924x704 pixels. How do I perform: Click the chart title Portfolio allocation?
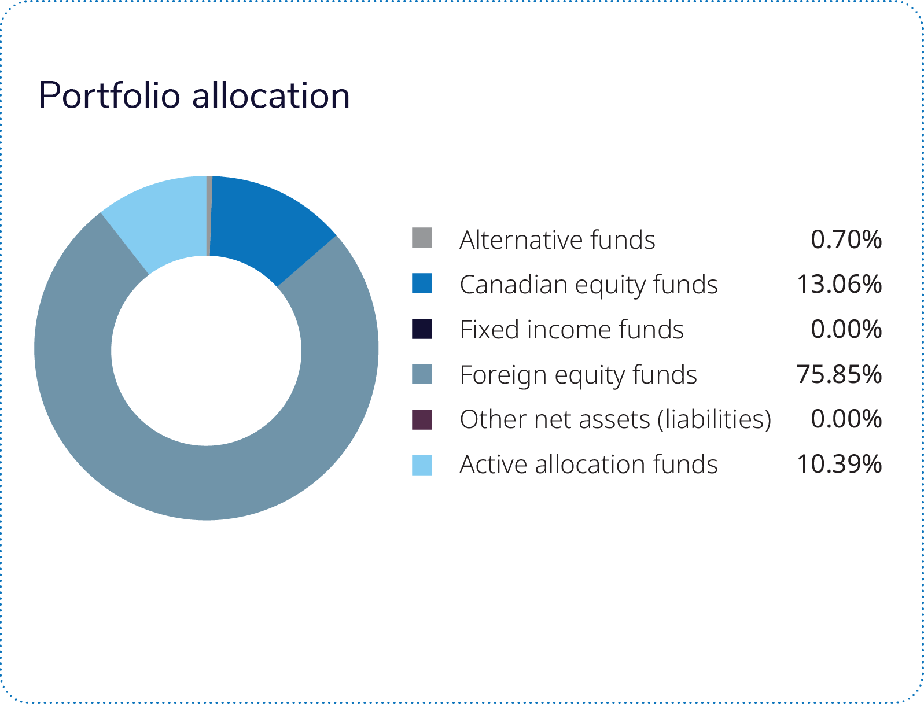[x=194, y=95]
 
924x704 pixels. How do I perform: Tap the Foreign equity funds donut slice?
[x=231, y=480]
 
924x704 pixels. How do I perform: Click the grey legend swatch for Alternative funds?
[x=422, y=238]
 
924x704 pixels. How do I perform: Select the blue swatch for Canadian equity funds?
[x=422, y=283]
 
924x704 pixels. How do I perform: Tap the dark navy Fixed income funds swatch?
[x=422, y=328]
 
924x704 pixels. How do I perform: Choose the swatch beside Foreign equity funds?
[x=422, y=374]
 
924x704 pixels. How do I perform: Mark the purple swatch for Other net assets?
[x=422, y=419]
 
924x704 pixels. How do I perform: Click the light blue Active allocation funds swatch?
[x=422, y=465]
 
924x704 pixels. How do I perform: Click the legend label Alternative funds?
[x=557, y=239]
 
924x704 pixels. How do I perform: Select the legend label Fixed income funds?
[x=572, y=330]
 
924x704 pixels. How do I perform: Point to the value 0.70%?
[x=846, y=239]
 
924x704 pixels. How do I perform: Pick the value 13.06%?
[x=839, y=284]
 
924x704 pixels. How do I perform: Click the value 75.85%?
[x=839, y=374]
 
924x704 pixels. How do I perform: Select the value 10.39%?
[x=839, y=464]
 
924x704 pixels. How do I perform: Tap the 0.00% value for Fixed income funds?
[x=846, y=329]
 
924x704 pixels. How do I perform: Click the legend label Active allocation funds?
[x=588, y=465]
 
